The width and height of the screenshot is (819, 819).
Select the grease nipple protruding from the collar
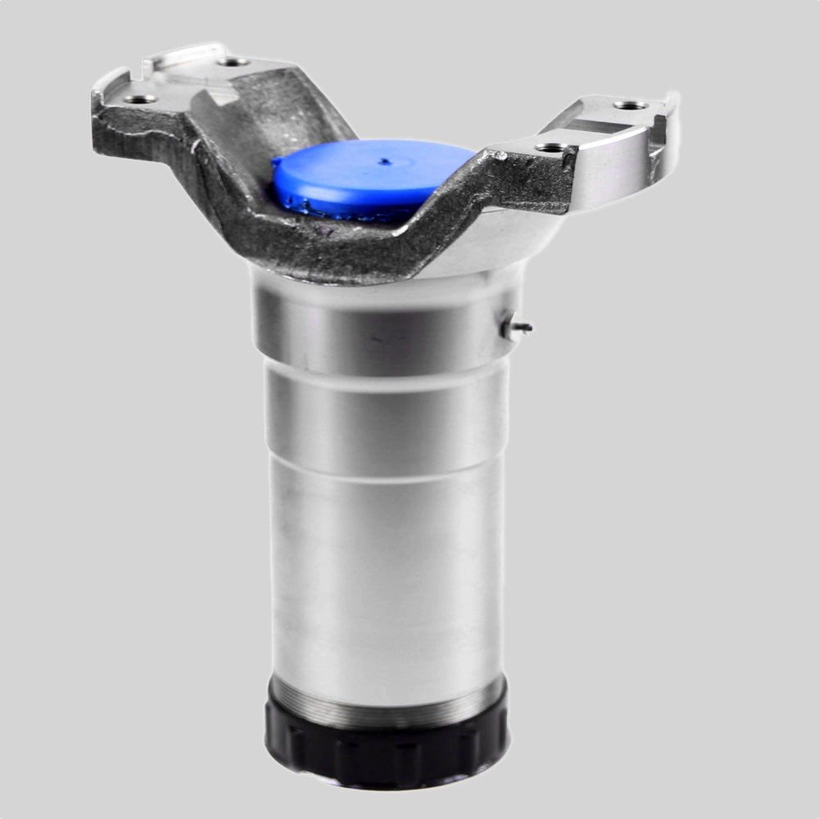[517, 328]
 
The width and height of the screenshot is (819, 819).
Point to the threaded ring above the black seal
[385, 703]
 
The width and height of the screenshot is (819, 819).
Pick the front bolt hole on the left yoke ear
[141, 99]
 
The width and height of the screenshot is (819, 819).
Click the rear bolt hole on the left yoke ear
[233, 61]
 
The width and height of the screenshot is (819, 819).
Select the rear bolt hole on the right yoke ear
[629, 105]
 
